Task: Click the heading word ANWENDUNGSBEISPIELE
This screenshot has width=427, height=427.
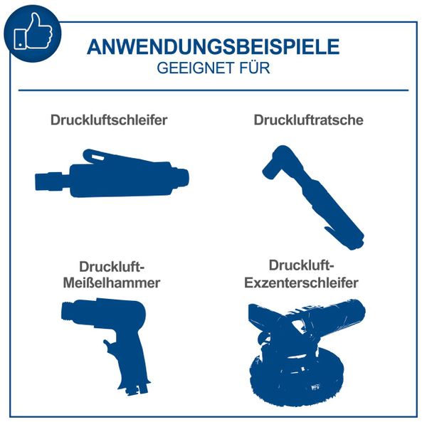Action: click(x=213, y=48)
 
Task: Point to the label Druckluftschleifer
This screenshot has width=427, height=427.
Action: click(x=109, y=120)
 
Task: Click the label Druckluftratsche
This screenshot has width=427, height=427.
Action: click(x=308, y=120)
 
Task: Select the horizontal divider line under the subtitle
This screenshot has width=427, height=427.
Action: click(x=213, y=90)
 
